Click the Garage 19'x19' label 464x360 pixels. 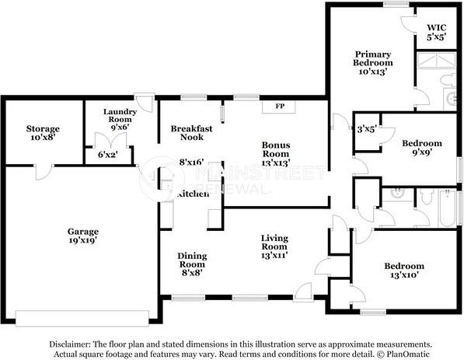pyautogui.click(x=83, y=236)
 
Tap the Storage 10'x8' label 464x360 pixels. pyautogui.click(x=43, y=133)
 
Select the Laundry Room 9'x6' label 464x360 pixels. pyautogui.click(x=120, y=119)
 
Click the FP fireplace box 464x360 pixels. pyautogui.click(x=279, y=107)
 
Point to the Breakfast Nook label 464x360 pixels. pyautogui.click(x=191, y=133)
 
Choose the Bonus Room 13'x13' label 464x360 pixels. pyautogui.click(x=276, y=154)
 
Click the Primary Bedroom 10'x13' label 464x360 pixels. pyautogui.click(x=373, y=63)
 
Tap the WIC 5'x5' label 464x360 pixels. pyautogui.click(x=437, y=33)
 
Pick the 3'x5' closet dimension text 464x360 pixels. pyautogui.click(x=367, y=129)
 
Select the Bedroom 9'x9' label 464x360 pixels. pyautogui.click(x=422, y=148)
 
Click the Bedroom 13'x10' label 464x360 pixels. pyautogui.click(x=404, y=271)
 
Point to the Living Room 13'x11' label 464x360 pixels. pyautogui.click(x=274, y=246)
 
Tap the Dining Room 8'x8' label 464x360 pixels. pyautogui.click(x=192, y=264)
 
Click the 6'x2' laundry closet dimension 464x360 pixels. pyautogui.click(x=108, y=154)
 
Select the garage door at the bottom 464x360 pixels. pyautogui.click(x=82, y=318)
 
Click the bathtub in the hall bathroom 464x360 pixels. pyautogui.click(x=448, y=208)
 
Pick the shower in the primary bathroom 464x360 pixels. pyautogui.click(x=436, y=61)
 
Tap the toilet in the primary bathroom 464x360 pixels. pyautogui.click(x=448, y=80)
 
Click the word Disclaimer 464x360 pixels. pyautogui.click(x=70, y=344)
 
